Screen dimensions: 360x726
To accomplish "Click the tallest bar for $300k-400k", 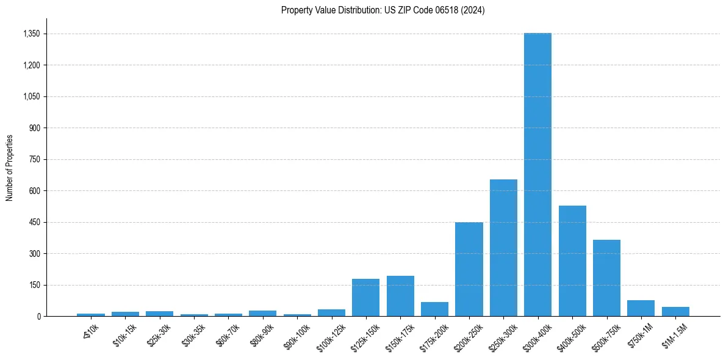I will coord(537,175).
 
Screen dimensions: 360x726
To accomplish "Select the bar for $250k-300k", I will coord(503,248).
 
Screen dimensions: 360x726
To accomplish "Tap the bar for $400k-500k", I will coord(572,261).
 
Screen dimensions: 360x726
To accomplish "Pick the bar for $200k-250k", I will coord(469,269).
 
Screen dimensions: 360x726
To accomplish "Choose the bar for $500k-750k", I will coord(606,278).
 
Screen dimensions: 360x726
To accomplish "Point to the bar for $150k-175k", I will coord(400,296).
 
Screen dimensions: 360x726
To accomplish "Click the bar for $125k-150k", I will coord(365,298).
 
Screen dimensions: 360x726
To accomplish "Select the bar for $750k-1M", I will coord(641,308).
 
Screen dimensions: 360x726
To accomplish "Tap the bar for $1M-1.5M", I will coord(675,311).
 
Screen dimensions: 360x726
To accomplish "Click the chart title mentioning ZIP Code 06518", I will coord(383,10).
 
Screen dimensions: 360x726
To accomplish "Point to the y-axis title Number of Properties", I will coord(10,167).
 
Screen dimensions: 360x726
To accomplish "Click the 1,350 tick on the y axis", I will coord(31,34).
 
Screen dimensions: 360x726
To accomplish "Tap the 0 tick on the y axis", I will coord(38,317).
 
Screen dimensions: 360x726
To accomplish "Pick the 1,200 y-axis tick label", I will coord(31,65).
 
